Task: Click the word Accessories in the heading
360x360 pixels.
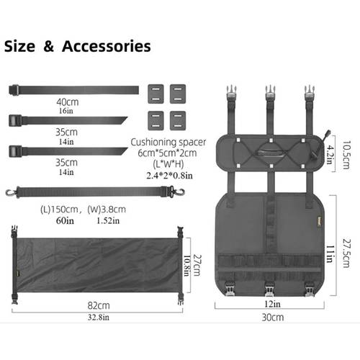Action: click(x=107, y=46)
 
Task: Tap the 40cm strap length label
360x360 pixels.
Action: click(x=68, y=102)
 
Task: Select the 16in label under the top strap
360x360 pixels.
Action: click(x=66, y=111)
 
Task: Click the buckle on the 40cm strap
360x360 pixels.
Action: click(x=14, y=90)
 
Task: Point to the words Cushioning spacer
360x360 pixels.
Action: click(x=168, y=142)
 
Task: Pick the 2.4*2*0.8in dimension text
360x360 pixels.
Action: click(x=169, y=176)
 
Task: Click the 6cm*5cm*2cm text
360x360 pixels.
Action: click(x=167, y=153)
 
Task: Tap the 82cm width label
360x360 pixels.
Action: click(x=99, y=305)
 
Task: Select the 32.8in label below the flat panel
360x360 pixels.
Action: click(x=99, y=318)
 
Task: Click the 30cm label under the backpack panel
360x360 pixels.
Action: click(x=273, y=318)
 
